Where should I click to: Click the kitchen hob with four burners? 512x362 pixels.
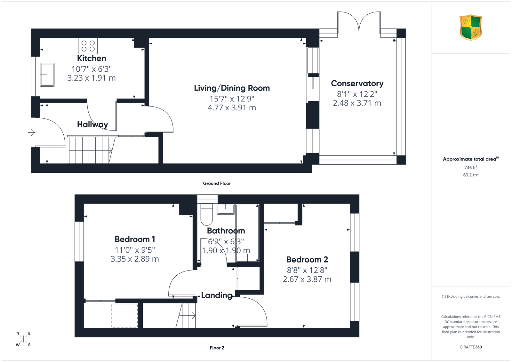(88, 46)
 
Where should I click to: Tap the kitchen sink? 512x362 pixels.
(47, 75)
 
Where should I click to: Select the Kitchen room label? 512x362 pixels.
(92, 58)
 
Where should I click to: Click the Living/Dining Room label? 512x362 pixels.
(232, 88)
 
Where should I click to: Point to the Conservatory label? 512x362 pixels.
(357, 83)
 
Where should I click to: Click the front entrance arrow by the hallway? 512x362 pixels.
(32, 132)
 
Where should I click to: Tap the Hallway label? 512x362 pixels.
(92, 124)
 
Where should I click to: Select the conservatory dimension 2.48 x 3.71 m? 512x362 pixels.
(357, 103)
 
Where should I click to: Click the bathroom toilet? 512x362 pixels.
(207, 214)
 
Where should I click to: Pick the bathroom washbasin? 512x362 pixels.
(226, 209)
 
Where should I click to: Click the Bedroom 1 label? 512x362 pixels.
(135, 239)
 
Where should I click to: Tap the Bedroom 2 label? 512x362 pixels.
(307, 260)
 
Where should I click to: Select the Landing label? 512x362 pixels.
(217, 295)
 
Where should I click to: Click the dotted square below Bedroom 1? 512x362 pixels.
(124, 315)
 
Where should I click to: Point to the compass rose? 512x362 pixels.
(23, 339)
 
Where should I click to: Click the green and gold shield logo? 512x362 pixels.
(471, 28)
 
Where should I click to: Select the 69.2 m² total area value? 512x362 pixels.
(471, 175)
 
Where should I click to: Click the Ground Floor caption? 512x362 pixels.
(217, 183)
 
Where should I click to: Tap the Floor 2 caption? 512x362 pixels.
(217, 348)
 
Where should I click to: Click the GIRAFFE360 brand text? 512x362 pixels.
(471, 347)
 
